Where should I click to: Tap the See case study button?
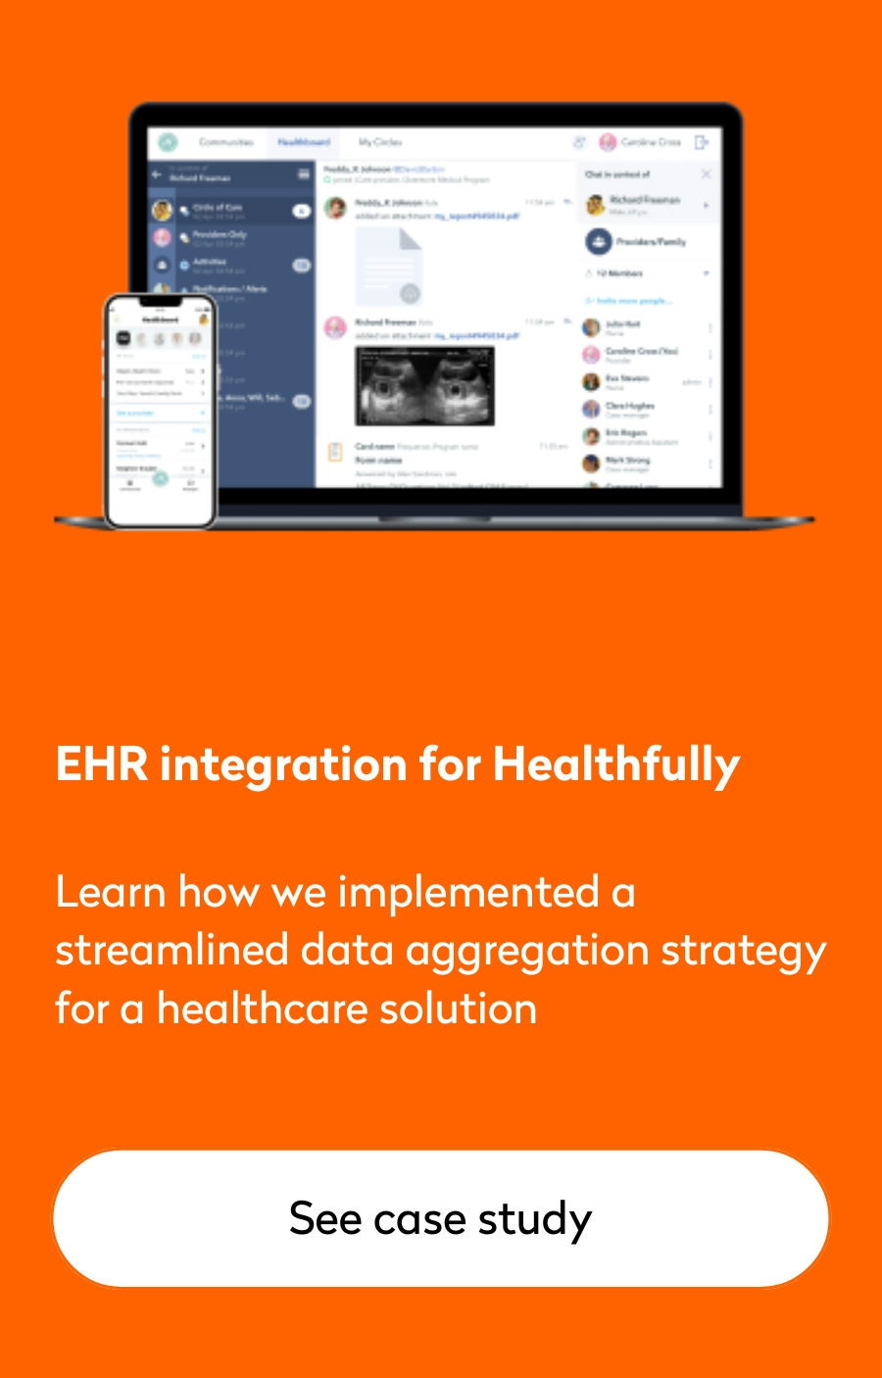(x=441, y=1218)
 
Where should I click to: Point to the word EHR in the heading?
(x=101, y=764)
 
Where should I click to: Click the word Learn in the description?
(x=110, y=893)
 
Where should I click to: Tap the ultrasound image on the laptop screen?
(x=424, y=385)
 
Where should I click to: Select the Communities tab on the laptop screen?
(x=226, y=142)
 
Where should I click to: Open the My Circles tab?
(x=380, y=142)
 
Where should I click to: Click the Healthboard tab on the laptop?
(x=304, y=142)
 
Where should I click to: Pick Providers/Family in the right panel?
(x=650, y=241)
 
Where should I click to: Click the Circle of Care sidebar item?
(x=218, y=209)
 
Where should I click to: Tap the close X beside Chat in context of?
(x=706, y=174)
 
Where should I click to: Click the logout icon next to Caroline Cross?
(x=702, y=142)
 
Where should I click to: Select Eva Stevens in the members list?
(x=626, y=379)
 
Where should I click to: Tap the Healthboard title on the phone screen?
(x=162, y=320)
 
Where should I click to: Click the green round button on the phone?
(x=160, y=478)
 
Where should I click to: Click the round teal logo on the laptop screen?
(x=168, y=142)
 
